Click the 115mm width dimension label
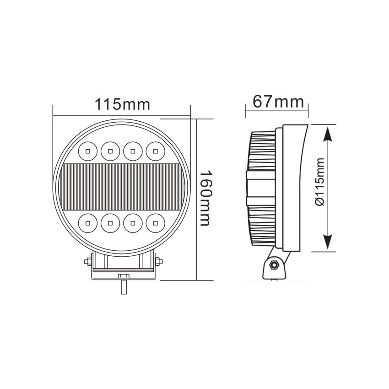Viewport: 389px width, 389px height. tap(122, 104)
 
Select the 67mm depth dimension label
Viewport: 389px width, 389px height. tap(278, 101)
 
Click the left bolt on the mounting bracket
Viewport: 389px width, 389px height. tap(87, 262)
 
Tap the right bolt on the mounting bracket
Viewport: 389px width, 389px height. tap(158, 262)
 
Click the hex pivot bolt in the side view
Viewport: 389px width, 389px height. tap(275, 265)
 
